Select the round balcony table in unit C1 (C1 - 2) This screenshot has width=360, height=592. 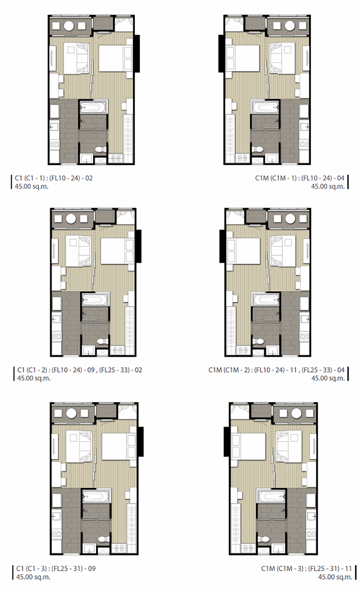71,219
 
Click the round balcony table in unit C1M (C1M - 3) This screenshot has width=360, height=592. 296,413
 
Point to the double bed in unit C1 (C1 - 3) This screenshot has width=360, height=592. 119,446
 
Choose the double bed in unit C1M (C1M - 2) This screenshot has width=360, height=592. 243,251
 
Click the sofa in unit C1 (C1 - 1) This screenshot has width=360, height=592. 76,59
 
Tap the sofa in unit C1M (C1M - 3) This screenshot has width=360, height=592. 289,447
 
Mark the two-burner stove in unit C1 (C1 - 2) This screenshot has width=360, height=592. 57,337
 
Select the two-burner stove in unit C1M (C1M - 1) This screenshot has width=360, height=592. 304,144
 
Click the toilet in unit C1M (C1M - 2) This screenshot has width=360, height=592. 258,342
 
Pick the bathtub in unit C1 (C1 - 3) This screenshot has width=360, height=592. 96,496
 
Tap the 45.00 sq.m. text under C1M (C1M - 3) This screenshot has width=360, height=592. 335,577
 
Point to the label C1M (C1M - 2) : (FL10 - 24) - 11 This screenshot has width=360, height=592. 253,370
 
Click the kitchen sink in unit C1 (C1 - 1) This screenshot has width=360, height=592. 55,127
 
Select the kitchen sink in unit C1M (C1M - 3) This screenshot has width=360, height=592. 310,516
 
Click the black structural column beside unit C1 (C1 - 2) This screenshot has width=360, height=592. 138,246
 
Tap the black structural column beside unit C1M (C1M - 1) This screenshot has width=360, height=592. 221,54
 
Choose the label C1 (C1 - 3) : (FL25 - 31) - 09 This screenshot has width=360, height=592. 56,568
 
